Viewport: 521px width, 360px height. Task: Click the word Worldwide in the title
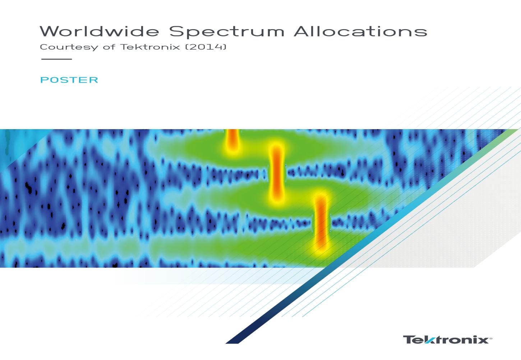(x=100, y=31)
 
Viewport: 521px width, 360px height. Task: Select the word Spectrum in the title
(x=227, y=32)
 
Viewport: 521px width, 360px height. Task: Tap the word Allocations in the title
(x=360, y=31)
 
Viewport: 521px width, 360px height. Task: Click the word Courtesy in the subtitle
(x=69, y=47)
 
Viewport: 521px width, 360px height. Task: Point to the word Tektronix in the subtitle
(x=150, y=47)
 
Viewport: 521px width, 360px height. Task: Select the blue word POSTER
(x=69, y=80)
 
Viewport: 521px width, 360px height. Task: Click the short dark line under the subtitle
(x=56, y=59)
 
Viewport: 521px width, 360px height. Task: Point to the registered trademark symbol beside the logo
(x=491, y=338)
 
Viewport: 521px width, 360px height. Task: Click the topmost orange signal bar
(x=232, y=139)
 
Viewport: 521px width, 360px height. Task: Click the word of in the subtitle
(x=109, y=47)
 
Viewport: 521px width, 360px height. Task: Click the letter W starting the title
(x=50, y=31)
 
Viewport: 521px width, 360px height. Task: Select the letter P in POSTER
(x=44, y=80)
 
